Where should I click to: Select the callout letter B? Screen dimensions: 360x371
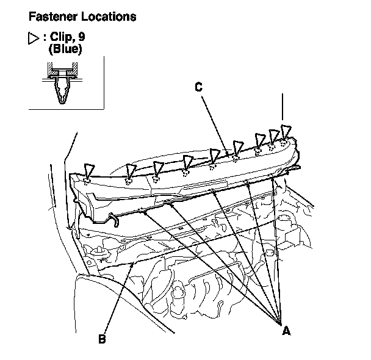[103, 337]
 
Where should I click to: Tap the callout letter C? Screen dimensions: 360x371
[198, 87]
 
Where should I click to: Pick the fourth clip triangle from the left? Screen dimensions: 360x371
[188, 161]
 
